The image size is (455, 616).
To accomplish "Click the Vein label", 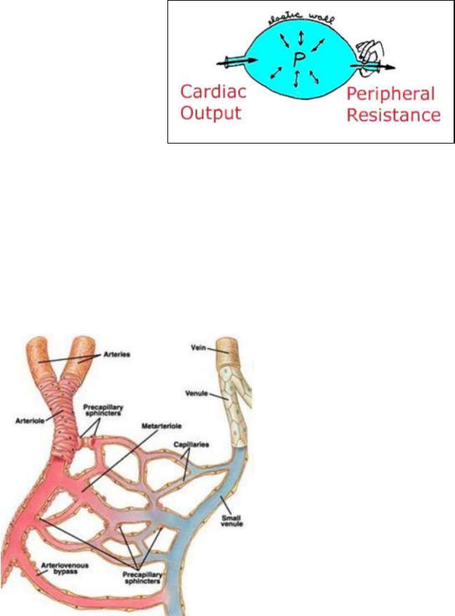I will tap(198, 348).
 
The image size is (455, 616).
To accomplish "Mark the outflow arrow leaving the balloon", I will tap(384, 67).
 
